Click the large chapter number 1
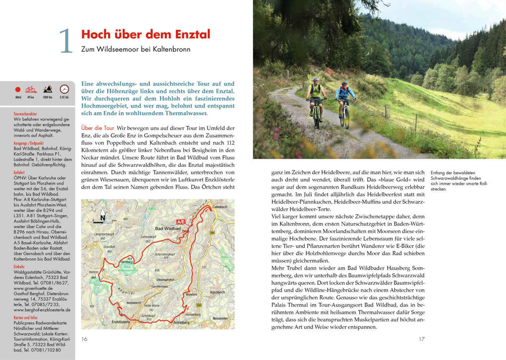tap(65, 41)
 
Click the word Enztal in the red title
tap(190, 34)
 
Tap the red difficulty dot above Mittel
tap(18, 90)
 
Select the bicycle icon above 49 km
tap(31, 89)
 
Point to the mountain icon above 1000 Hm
tap(47, 89)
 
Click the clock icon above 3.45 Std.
tap(64, 89)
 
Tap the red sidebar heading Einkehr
tap(19, 267)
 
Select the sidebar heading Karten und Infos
tap(26, 317)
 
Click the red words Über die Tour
tap(97, 128)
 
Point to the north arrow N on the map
tap(102, 216)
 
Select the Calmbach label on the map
tap(221, 206)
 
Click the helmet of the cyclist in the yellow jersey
tap(315, 80)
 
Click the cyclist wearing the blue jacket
tap(344, 99)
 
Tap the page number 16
tap(84, 339)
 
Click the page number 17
tap(422, 339)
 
